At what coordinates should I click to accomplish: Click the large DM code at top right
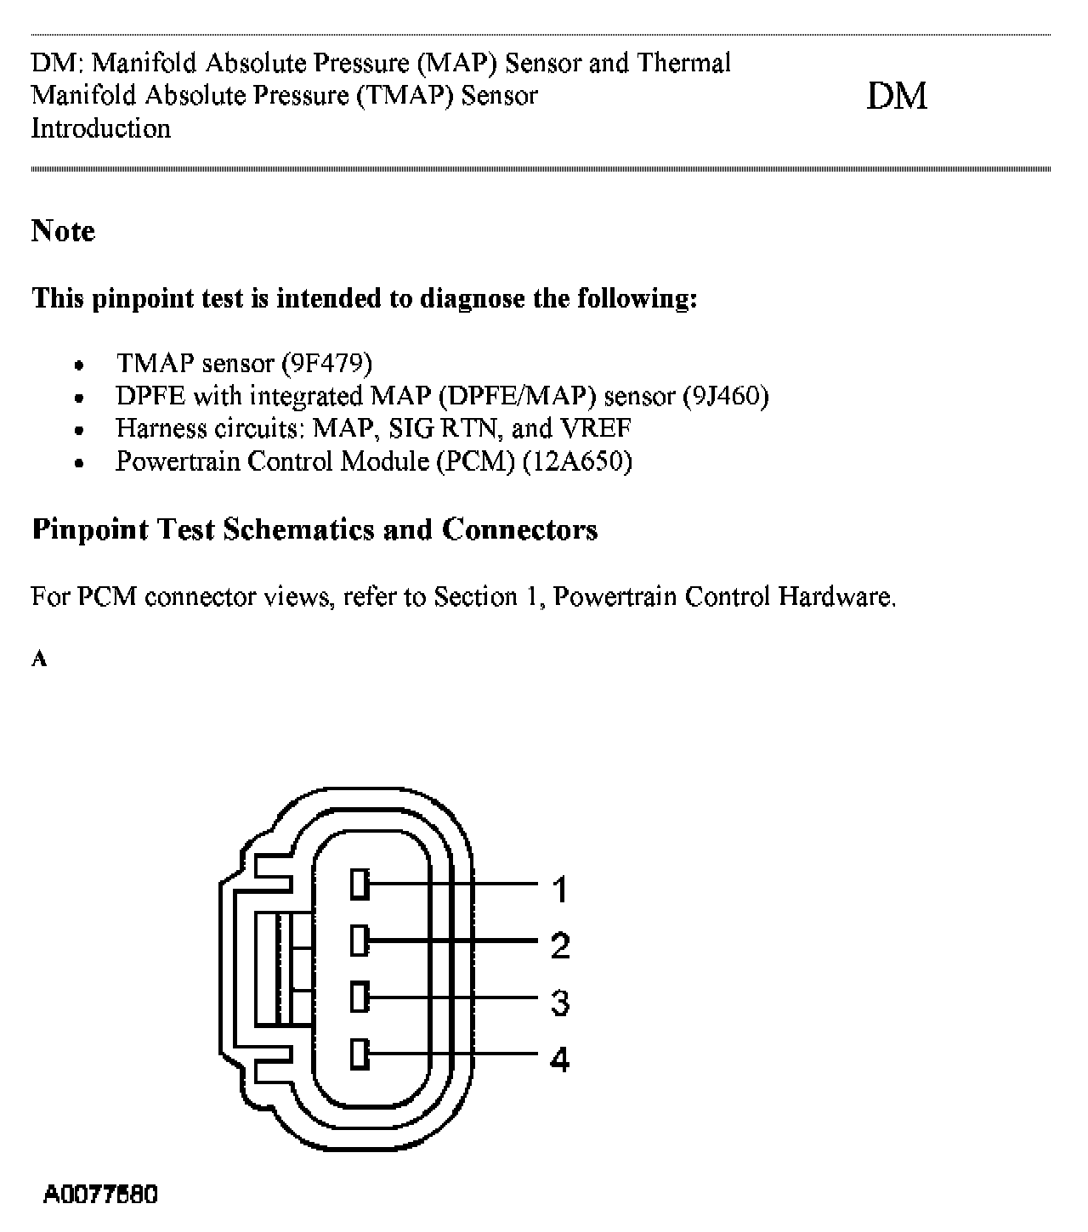point(896,96)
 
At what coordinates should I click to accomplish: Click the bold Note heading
point(63,231)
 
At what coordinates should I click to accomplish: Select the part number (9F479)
point(326,364)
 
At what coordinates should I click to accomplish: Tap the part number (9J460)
point(725,396)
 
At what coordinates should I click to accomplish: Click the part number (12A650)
point(577,461)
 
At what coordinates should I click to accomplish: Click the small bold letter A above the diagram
point(39,659)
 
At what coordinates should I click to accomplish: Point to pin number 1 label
point(559,890)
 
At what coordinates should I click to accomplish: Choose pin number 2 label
point(559,946)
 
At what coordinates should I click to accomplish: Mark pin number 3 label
point(559,1003)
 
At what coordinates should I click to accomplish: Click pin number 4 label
point(559,1059)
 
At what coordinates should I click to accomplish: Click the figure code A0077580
point(100,1195)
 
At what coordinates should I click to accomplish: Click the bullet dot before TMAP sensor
point(79,365)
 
